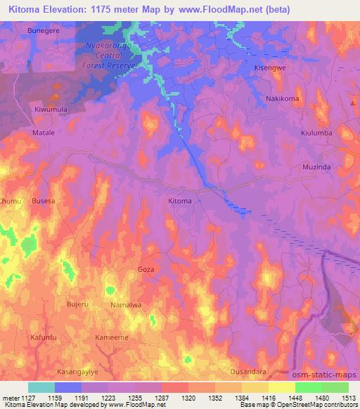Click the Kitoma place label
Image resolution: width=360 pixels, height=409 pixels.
click(180, 201)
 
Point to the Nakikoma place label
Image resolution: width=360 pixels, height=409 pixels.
click(282, 98)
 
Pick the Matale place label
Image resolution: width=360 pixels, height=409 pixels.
click(44, 131)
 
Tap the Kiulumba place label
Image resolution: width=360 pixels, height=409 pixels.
click(316, 132)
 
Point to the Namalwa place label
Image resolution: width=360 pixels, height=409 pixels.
click(126, 305)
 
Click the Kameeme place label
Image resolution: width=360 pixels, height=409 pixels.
click(112, 337)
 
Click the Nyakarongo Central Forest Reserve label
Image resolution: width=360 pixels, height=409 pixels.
click(110, 53)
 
